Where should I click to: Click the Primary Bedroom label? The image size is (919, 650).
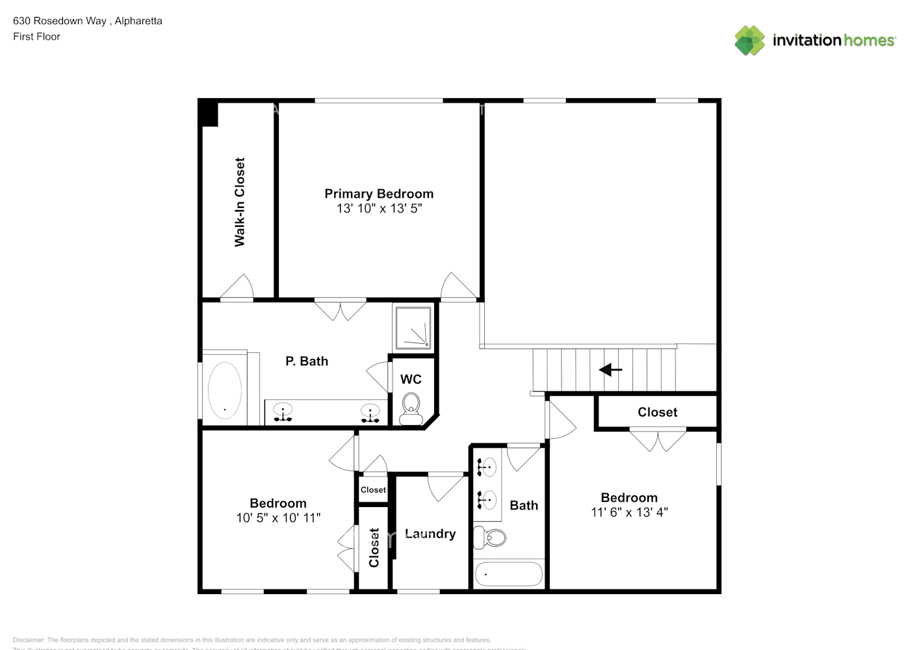[x=379, y=194]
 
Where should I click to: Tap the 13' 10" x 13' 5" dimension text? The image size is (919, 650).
[x=379, y=209]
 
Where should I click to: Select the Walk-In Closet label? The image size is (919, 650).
[x=240, y=202]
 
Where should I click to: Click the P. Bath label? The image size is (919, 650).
[x=307, y=361]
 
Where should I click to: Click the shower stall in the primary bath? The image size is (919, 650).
[x=413, y=328]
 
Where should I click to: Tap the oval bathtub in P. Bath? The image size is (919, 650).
[x=225, y=391]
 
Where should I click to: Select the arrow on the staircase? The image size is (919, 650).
[x=610, y=370]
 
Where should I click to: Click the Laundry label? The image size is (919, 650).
[x=430, y=534]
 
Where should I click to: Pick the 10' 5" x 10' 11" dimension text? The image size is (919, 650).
[x=278, y=518]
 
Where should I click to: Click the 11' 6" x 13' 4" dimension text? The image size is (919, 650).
[x=629, y=512]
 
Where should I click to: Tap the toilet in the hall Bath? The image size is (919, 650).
[x=491, y=538]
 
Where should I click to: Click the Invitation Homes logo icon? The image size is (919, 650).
[x=749, y=40]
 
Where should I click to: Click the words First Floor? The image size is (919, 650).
[x=36, y=36]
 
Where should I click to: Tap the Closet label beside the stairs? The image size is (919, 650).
[x=657, y=412]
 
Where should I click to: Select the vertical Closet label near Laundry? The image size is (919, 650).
[x=374, y=547]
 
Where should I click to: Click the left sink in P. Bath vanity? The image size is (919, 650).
[x=283, y=412]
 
